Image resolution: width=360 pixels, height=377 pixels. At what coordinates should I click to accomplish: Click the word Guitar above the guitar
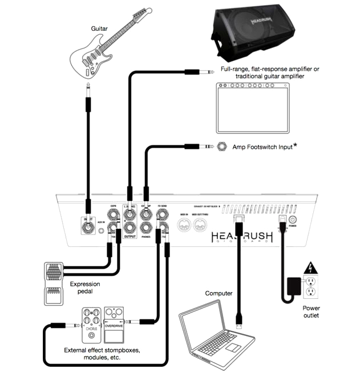coord(99,27)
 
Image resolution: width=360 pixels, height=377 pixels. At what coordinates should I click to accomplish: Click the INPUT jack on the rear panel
coord(88,228)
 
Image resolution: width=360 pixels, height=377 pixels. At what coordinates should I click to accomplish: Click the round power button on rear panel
coord(293,219)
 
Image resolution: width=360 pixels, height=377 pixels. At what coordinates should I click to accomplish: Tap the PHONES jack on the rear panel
coord(147,228)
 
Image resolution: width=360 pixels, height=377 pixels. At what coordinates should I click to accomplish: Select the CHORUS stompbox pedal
coord(91,323)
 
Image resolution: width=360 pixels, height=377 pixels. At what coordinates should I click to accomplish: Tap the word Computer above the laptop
coord(219,293)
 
